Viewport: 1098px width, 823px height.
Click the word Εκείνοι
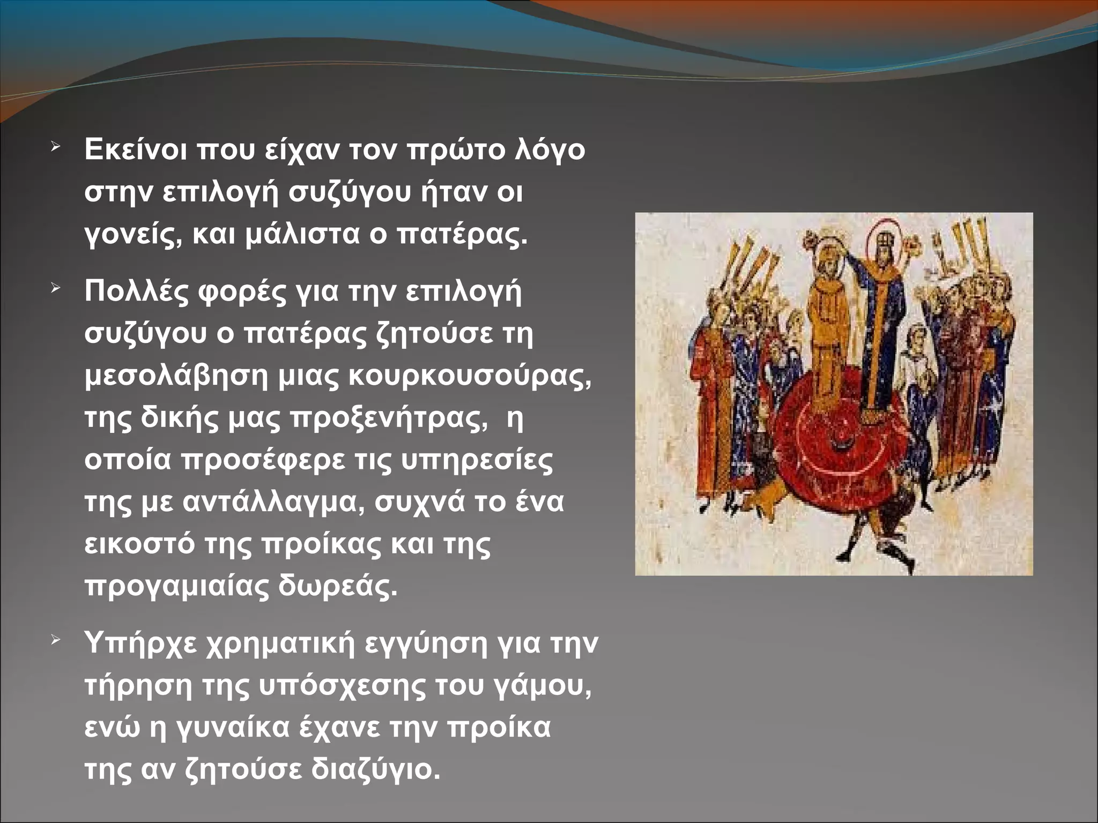[x=136, y=149]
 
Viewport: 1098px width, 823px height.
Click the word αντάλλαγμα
[x=273, y=502]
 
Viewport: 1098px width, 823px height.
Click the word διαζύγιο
[x=375, y=770]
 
